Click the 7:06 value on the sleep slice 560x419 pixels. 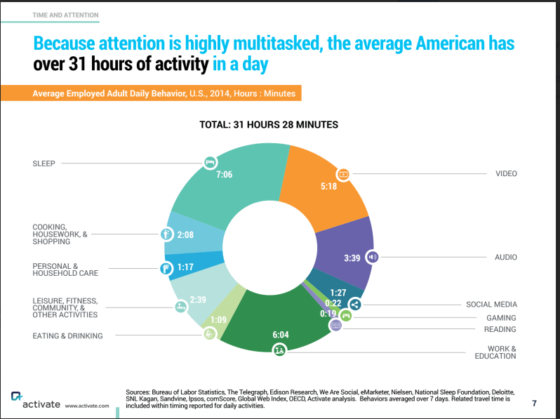tap(224, 174)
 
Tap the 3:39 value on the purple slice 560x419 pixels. tap(352, 258)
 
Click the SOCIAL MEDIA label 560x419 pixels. tap(491, 305)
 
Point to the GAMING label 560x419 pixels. tap(501, 318)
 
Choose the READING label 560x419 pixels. tap(500, 329)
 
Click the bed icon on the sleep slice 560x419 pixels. tap(208, 162)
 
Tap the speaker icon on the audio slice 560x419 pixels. tap(373, 257)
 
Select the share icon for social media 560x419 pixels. tap(355, 305)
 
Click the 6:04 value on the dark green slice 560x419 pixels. tap(280, 335)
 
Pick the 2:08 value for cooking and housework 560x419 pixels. tap(185, 234)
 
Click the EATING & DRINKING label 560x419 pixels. tap(67, 335)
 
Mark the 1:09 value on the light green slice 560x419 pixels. tap(219, 320)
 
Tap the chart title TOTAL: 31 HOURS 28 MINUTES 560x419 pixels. tap(269, 125)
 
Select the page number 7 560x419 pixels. tap(534, 403)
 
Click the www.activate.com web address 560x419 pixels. tap(87, 406)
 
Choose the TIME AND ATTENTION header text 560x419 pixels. tap(65, 15)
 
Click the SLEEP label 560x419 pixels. tap(44, 163)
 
